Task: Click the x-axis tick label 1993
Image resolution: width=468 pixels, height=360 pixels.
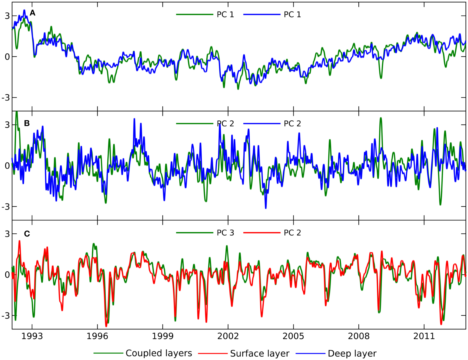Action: pyautogui.click(x=32, y=336)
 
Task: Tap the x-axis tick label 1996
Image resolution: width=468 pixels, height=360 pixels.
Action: pyautogui.click(x=97, y=336)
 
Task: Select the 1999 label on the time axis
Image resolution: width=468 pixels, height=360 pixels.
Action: pyautogui.click(x=163, y=336)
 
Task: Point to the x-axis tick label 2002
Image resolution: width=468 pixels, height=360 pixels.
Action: pyautogui.click(x=228, y=336)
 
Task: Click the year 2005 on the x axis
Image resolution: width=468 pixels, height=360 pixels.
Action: pyautogui.click(x=293, y=336)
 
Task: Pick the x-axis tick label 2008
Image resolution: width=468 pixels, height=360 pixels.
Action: pyautogui.click(x=359, y=336)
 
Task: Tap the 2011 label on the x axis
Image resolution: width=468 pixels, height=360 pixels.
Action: pyautogui.click(x=424, y=336)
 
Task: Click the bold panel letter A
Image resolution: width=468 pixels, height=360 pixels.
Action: pyautogui.click(x=33, y=13)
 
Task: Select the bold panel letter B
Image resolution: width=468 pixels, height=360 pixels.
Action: pyautogui.click(x=27, y=123)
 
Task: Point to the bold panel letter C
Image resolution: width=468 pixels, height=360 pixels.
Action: pyautogui.click(x=27, y=234)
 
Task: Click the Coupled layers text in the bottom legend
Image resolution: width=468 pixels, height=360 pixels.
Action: pyautogui.click(x=159, y=353)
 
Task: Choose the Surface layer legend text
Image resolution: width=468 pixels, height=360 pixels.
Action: pyautogui.click(x=260, y=354)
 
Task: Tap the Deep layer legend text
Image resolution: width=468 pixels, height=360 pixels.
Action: pyautogui.click(x=352, y=354)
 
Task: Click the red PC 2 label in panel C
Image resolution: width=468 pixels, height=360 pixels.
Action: pyautogui.click(x=292, y=233)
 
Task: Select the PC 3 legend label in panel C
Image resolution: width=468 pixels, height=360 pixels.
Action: pyautogui.click(x=225, y=233)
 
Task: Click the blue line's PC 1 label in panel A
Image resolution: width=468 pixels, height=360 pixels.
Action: pyautogui.click(x=292, y=15)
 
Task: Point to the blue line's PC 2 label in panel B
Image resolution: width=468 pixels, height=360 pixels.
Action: pyautogui.click(x=292, y=124)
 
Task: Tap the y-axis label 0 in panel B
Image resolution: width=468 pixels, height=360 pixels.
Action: pyautogui.click(x=7, y=166)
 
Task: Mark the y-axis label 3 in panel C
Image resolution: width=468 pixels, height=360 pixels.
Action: pyautogui.click(x=7, y=234)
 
